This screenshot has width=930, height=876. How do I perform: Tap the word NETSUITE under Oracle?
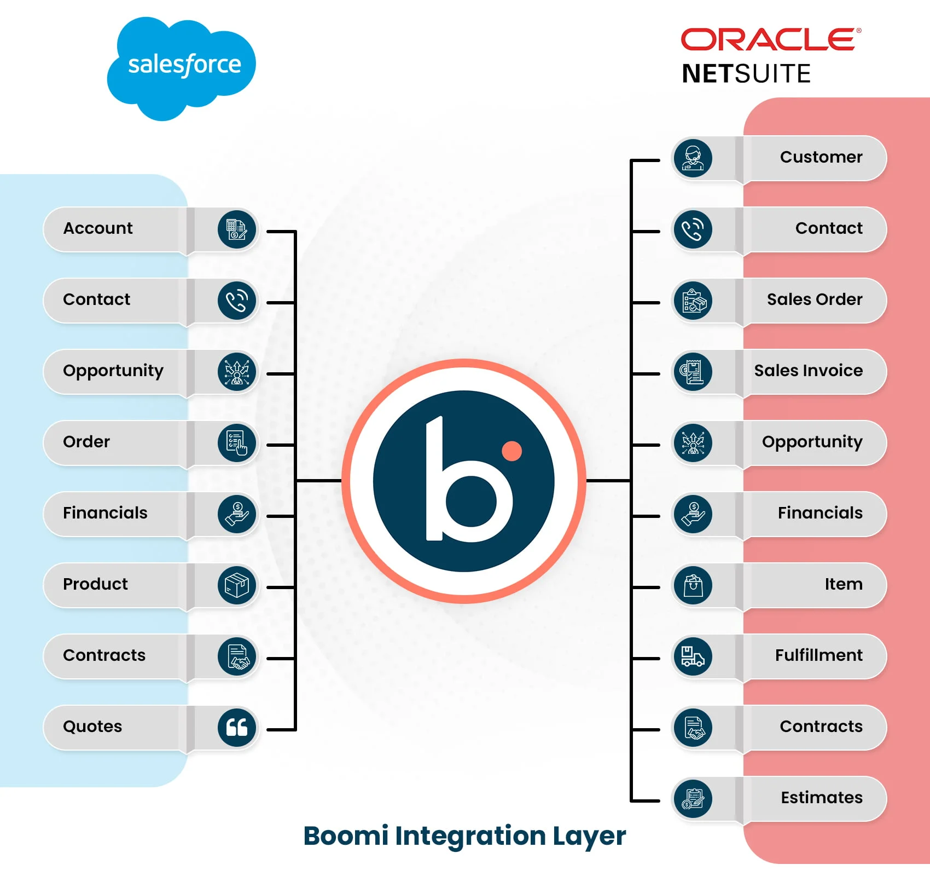tap(746, 74)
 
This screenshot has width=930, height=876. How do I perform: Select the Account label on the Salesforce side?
tap(98, 228)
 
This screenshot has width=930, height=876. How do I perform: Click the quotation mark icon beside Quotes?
tap(237, 727)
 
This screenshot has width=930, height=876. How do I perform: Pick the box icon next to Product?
tap(237, 585)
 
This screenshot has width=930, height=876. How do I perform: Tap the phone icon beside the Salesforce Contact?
tap(237, 300)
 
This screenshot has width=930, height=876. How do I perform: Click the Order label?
tap(86, 442)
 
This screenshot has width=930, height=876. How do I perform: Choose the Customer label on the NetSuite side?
tap(821, 157)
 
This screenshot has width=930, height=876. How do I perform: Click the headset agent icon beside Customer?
tap(693, 158)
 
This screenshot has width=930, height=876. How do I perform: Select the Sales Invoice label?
tap(808, 371)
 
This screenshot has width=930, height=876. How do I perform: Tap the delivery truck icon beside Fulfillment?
tap(693, 656)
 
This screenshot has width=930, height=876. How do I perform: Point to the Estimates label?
tap(821, 798)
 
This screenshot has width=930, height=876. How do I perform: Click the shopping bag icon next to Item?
tap(693, 585)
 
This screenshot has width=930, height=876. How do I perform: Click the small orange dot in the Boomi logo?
tap(512, 451)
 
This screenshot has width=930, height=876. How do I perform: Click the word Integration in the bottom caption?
tap(470, 837)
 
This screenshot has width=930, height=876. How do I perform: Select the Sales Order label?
tap(814, 299)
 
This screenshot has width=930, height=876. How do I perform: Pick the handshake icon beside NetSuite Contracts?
tap(693, 727)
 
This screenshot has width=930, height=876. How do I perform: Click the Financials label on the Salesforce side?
tap(105, 513)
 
